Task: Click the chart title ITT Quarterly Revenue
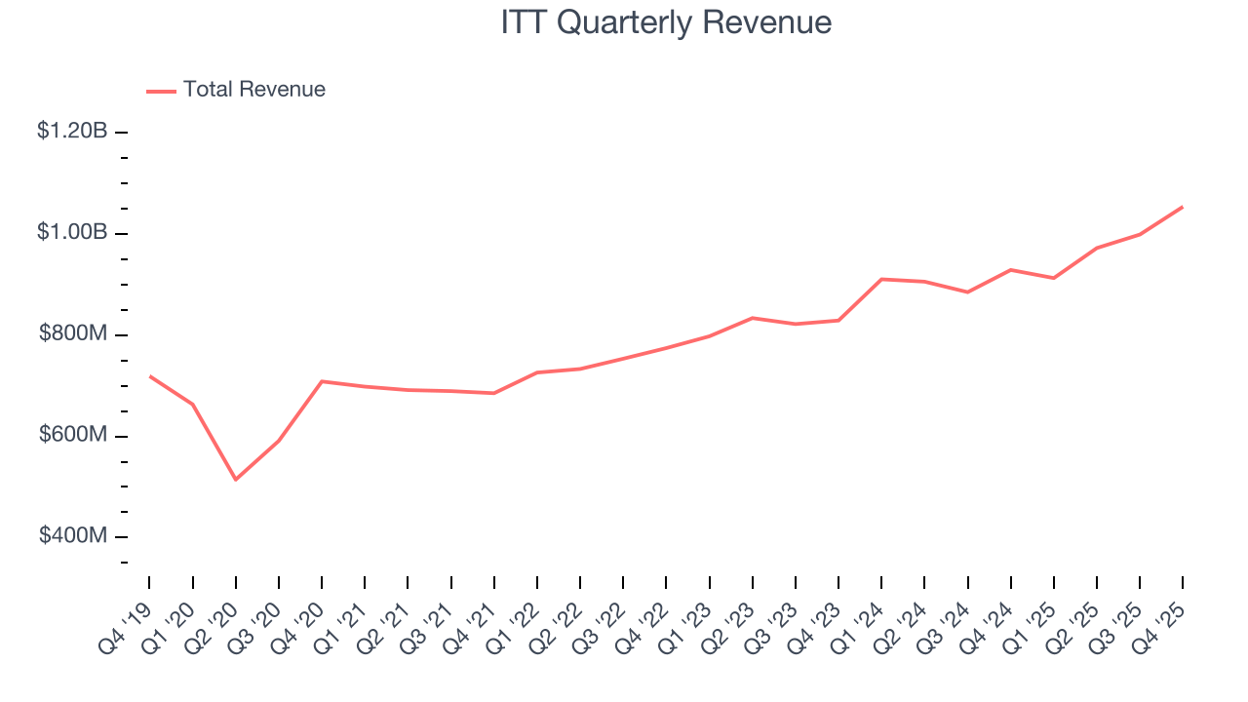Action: click(666, 22)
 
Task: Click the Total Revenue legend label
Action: click(253, 90)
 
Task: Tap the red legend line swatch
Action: click(161, 91)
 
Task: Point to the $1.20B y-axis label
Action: click(72, 132)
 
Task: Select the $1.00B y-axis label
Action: click(72, 233)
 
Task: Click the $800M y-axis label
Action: click(73, 334)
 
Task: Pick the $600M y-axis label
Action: click(73, 436)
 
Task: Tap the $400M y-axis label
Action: click(73, 537)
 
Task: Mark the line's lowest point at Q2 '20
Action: click(236, 479)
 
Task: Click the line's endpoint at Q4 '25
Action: click(1183, 207)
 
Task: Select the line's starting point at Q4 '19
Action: click(150, 376)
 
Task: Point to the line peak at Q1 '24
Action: click(881, 279)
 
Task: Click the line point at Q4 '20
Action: click(322, 381)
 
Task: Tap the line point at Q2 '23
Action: click(753, 318)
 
